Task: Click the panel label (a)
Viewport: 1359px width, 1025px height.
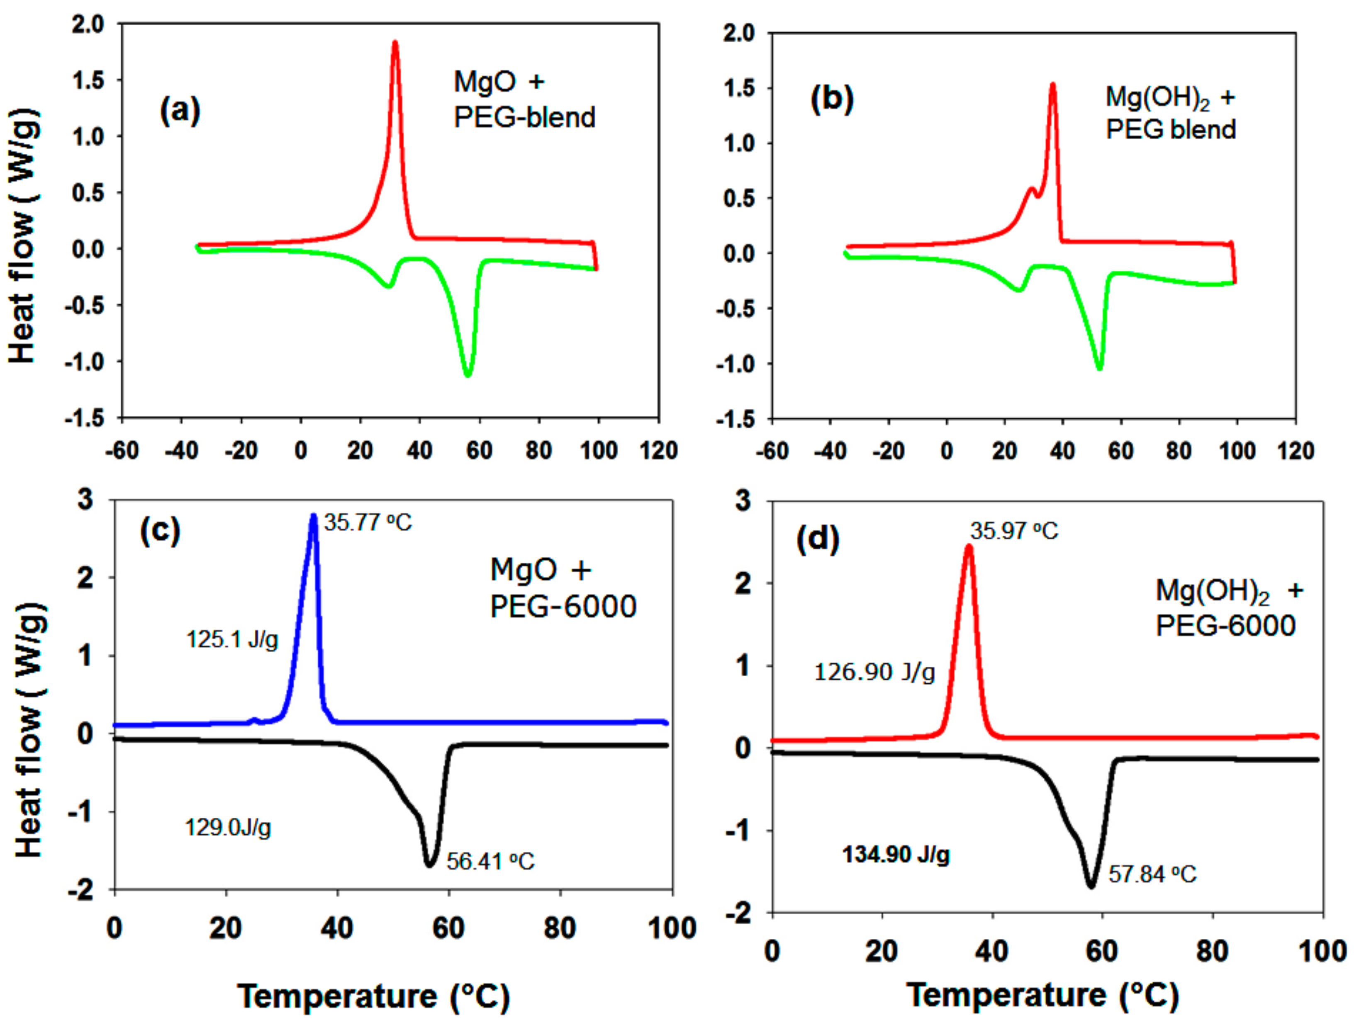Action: [180, 111]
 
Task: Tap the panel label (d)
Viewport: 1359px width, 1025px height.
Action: [817, 539]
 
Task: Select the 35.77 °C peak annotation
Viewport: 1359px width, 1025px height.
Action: [368, 522]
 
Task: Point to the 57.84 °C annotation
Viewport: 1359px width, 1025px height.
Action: [1152, 874]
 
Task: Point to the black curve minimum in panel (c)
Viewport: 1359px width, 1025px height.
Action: [429, 865]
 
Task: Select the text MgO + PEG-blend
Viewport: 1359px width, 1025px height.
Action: [524, 100]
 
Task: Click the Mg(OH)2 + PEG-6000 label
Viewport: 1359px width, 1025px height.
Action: [1228, 608]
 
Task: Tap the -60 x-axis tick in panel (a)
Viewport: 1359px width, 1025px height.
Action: [122, 450]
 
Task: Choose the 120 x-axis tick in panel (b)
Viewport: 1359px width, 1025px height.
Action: [1295, 450]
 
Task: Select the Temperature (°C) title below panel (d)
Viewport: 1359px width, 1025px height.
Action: [1042, 996]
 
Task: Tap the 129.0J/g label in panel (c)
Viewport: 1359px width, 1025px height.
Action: [227, 828]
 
